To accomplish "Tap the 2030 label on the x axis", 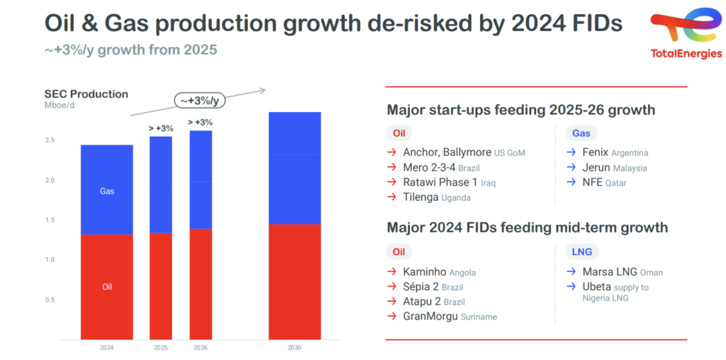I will point(294,349).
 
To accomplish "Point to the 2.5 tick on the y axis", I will point(50,140).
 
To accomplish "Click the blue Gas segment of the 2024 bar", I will point(107,190).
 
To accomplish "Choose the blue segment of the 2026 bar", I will point(201,180).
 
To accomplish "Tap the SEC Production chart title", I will point(86,94).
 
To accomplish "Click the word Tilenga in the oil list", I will point(420,198).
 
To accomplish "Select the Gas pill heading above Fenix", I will point(584,133).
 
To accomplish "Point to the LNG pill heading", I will point(585,252).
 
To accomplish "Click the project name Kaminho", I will point(424,272).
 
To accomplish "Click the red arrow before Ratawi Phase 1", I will point(391,183).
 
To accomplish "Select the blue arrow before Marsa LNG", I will point(571,272).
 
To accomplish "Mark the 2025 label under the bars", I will point(161,349).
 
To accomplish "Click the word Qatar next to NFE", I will point(616,183).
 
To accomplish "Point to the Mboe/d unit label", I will point(60,106).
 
